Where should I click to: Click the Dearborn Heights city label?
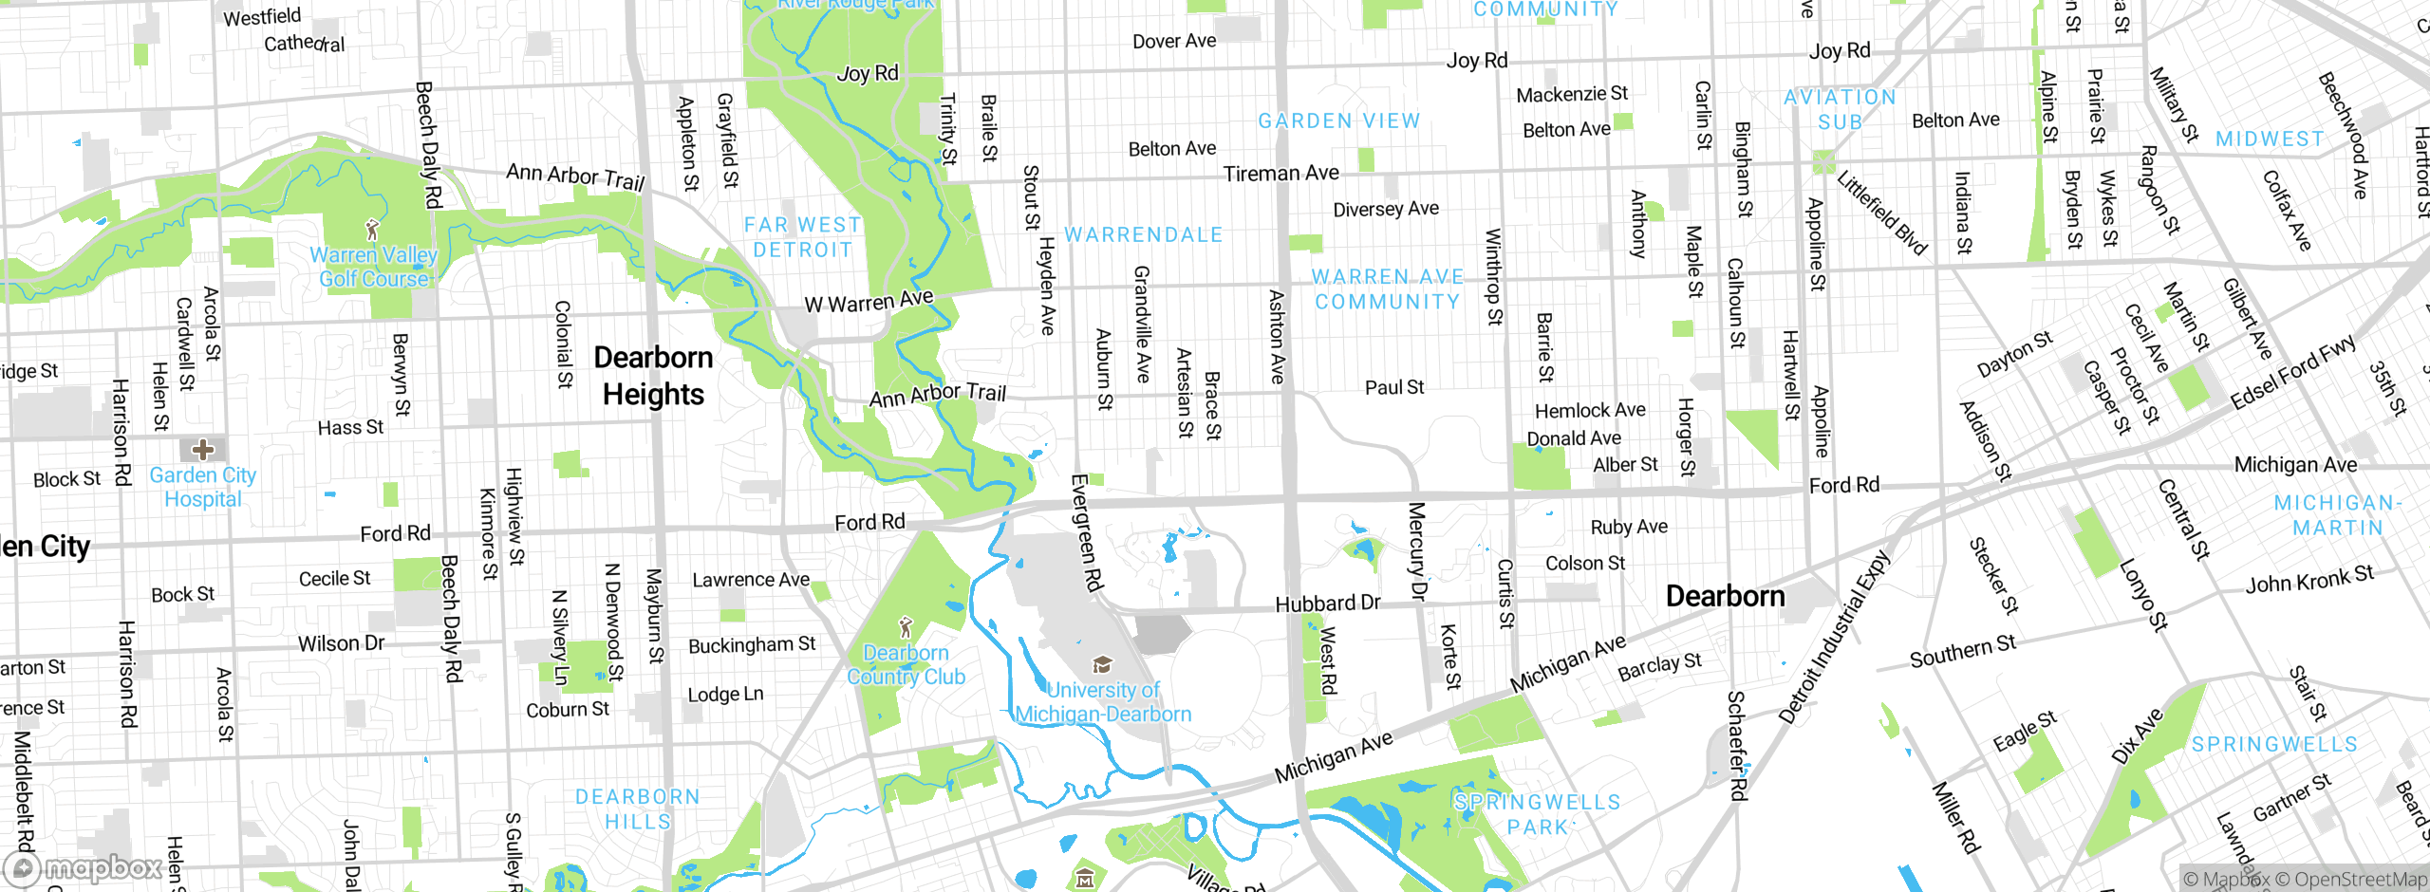tap(653, 376)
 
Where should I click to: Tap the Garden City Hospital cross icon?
tap(202, 449)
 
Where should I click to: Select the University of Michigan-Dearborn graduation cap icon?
tap(1102, 664)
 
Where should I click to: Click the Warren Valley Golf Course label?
tap(373, 267)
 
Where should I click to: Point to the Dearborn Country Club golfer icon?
tap(906, 627)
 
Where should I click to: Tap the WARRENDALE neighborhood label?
tap(1143, 234)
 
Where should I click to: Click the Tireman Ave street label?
tap(1280, 174)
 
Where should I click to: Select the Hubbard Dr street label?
tap(1327, 604)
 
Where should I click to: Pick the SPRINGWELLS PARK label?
tap(1538, 814)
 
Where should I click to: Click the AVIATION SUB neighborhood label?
tap(1840, 109)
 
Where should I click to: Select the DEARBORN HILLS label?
tap(638, 808)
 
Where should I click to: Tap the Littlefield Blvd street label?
tap(1881, 214)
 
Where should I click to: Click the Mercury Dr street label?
tap(1416, 551)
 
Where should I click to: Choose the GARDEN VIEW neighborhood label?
tap(1338, 121)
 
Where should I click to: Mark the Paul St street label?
tap(1393, 387)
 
